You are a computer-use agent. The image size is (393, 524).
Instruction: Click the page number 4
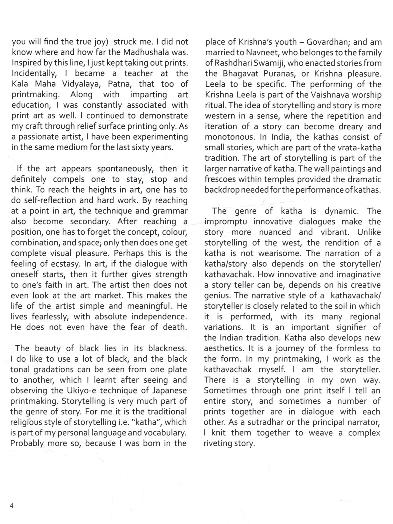(12, 506)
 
